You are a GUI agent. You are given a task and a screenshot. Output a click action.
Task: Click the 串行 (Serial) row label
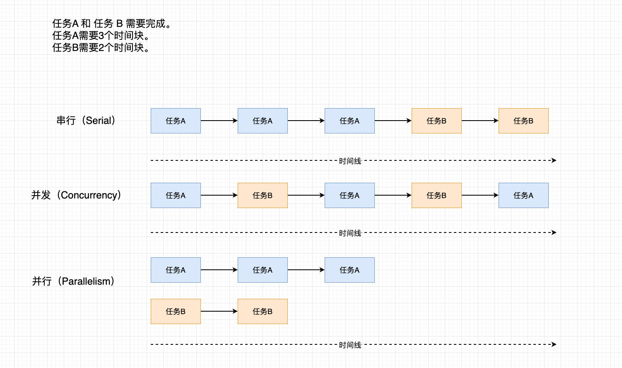click(86, 121)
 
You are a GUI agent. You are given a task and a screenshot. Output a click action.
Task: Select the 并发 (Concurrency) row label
click(76, 195)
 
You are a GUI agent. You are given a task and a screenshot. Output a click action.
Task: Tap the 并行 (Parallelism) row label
click(73, 281)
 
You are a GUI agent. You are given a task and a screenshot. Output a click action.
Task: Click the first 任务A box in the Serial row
click(176, 121)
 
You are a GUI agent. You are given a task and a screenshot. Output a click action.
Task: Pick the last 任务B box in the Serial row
click(523, 121)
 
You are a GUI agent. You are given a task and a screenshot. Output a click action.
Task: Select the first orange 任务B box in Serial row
click(436, 121)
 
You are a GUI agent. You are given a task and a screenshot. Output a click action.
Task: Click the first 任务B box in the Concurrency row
click(263, 196)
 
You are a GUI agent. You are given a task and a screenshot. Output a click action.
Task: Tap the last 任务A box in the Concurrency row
click(523, 196)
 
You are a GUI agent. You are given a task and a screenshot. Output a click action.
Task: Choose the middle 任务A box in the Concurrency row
click(350, 196)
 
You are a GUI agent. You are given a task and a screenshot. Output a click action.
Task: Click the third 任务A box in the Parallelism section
click(350, 270)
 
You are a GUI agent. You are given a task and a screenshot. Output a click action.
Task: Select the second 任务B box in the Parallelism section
click(263, 312)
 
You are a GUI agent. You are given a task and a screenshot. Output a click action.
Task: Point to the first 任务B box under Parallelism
click(176, 312)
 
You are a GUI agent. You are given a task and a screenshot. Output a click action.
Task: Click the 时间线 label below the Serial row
click(350, 161)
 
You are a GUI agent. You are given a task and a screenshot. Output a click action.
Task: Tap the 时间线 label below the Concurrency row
click(350, 233)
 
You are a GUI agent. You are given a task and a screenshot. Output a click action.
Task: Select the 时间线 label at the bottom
click(350, 345)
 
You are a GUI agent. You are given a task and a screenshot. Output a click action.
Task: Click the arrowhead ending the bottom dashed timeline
click(554, 344)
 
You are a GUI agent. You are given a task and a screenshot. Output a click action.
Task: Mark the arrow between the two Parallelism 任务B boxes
click(219, 311)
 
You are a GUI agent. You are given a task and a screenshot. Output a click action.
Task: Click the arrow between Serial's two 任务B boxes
click(480, 121)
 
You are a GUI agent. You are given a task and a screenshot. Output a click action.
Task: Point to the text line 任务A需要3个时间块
click(101, 36)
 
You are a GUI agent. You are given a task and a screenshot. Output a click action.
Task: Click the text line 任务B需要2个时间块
click(101, 48)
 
